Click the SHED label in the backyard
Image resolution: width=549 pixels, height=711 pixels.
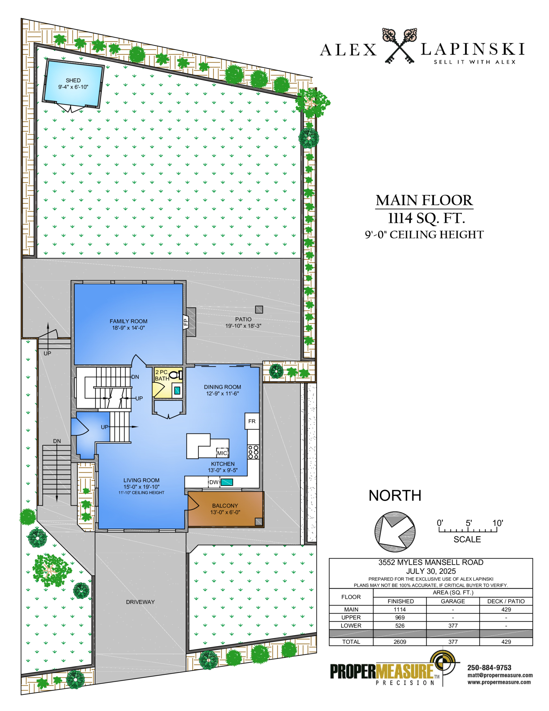[73, 80]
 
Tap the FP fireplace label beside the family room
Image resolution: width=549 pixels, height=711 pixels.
[186, 322]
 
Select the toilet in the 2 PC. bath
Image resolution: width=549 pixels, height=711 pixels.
[176, 375]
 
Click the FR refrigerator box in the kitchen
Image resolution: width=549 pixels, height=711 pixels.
[252, 421]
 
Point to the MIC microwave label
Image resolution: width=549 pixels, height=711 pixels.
[222, 453]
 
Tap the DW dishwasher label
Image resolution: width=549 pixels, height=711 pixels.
[214, 482]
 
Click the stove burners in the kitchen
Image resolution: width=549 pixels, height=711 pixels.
[253, 452]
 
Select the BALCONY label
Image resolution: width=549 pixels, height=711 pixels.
[225, 506]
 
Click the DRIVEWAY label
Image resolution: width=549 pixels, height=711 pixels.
[140, 602]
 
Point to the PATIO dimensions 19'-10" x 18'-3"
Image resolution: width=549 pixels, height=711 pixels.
[243, 326]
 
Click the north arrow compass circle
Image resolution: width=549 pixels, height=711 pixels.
[395, 532]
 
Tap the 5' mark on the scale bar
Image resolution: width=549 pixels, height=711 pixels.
[468, 523]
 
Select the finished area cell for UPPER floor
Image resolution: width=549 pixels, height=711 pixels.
[400, 617]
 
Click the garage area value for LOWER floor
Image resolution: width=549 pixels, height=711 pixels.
[453, 626]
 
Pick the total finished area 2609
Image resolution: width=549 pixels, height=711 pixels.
[400, 642]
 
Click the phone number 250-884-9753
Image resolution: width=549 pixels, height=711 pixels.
[489, 668]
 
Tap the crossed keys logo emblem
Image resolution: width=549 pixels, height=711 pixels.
[399, 46]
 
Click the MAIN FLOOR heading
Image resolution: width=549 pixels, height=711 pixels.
[424, 200]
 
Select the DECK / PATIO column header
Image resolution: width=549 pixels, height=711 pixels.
[506, 601]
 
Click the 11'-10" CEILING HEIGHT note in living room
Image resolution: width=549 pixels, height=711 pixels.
[141, 493]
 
